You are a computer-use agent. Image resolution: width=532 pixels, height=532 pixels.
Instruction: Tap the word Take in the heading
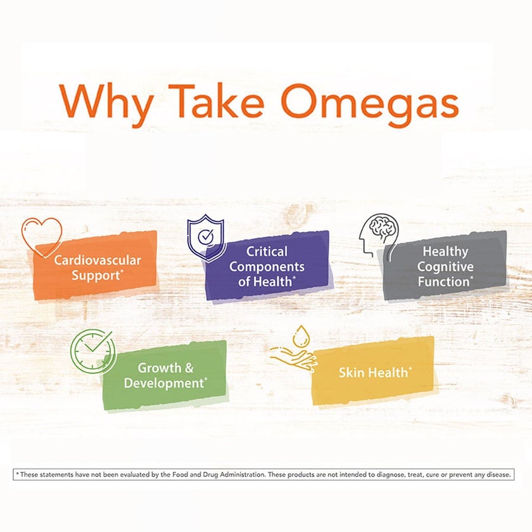tap(214, 101)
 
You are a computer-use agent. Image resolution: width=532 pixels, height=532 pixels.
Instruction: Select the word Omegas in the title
tap(370, 101)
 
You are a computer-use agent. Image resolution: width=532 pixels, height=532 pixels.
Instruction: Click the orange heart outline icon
tap(41, 236)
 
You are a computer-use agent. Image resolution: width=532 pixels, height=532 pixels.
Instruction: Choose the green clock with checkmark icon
tap(92, 351)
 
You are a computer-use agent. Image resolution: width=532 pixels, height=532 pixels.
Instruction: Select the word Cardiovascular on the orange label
tap(97, 260)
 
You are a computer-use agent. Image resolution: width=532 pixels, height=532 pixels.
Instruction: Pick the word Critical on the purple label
tap(267, 251)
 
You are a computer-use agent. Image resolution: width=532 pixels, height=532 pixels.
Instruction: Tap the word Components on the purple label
tap(267, 267)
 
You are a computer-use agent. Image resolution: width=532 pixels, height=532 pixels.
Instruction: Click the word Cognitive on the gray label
tap(445, 267)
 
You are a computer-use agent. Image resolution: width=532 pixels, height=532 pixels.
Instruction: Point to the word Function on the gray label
tap(443, 282)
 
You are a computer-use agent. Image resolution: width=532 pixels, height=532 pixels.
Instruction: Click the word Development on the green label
tap(163, 383)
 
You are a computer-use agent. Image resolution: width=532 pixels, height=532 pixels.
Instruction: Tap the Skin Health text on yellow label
tap(374, 372)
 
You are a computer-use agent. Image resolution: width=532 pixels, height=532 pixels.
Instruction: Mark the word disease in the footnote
tap(496, 474)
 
